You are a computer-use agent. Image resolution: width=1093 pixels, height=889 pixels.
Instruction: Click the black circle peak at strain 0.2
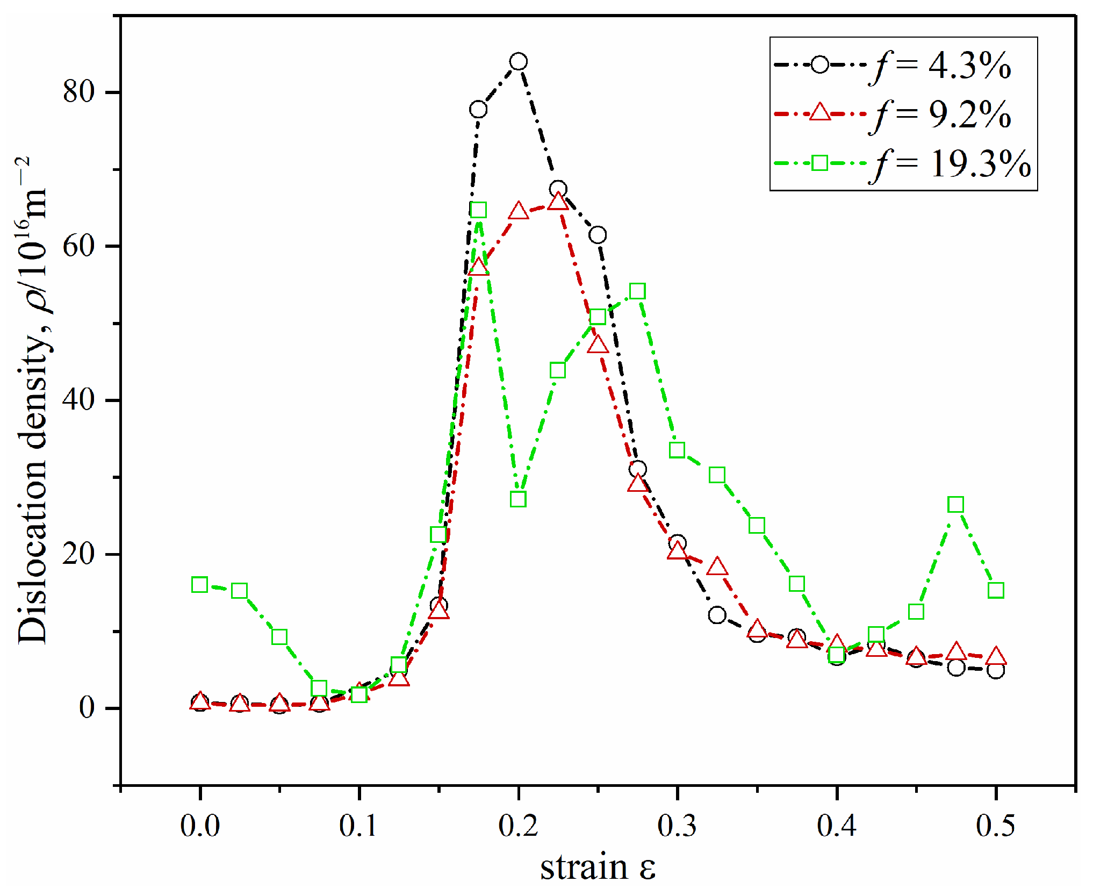coord(518,62)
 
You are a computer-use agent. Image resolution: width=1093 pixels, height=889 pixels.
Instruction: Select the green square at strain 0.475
coord(955,504)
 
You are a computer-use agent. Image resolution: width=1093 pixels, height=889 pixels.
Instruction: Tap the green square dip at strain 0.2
coord(518,499)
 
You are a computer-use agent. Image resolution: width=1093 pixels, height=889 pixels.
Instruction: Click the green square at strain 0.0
coord(199,584)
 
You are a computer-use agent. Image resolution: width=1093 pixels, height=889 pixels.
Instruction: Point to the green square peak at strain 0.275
coord(637,291)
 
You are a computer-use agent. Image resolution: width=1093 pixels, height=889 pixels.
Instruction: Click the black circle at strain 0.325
coord(717,615)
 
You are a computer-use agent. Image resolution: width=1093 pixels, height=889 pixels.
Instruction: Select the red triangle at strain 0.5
coord(996,656)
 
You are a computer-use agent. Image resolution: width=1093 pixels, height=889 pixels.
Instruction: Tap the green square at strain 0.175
coord(478,210)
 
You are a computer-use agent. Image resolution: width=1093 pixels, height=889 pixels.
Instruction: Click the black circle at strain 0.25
coord(598,235)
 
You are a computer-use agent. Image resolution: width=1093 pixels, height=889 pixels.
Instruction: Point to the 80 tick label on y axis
coord(78,92)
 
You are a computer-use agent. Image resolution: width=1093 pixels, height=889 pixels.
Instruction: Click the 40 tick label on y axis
coord(78,400)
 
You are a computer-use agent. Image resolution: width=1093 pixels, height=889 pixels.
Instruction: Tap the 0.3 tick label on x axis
coord(677,826)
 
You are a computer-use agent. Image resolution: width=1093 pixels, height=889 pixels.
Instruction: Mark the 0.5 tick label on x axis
coord(995,826)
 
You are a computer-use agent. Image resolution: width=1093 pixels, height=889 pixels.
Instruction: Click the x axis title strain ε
coord(598,866)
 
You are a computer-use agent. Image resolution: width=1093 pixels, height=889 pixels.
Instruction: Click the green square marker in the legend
coord(819,163)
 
